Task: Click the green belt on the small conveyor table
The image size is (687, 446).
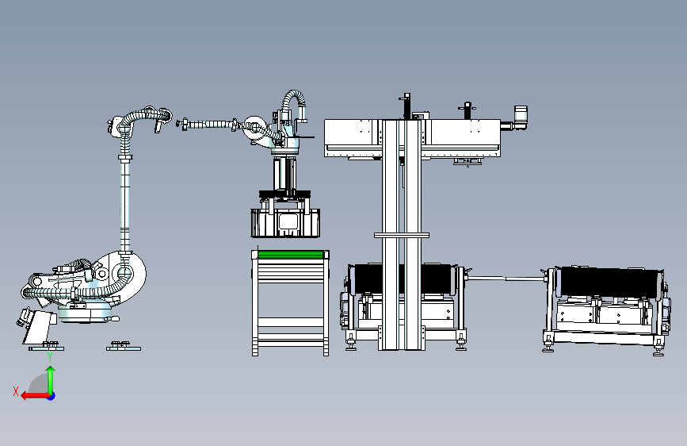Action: [x=291, y=255]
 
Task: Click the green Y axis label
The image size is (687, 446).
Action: [x=50, y=357]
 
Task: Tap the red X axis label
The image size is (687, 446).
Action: [x=16, y=391]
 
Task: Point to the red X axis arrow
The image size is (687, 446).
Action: [x=36, y=396]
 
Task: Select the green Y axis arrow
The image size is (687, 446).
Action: [x=51, y=380]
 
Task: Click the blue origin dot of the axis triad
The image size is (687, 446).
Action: [x=52, y=396]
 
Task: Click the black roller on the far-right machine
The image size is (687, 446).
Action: [x=609, y=282]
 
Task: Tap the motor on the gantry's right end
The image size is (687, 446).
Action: [x=521, y=117]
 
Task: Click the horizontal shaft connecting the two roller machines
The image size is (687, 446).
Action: [x=506, y=279]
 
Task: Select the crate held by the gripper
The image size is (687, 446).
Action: [x=285, y=223]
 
